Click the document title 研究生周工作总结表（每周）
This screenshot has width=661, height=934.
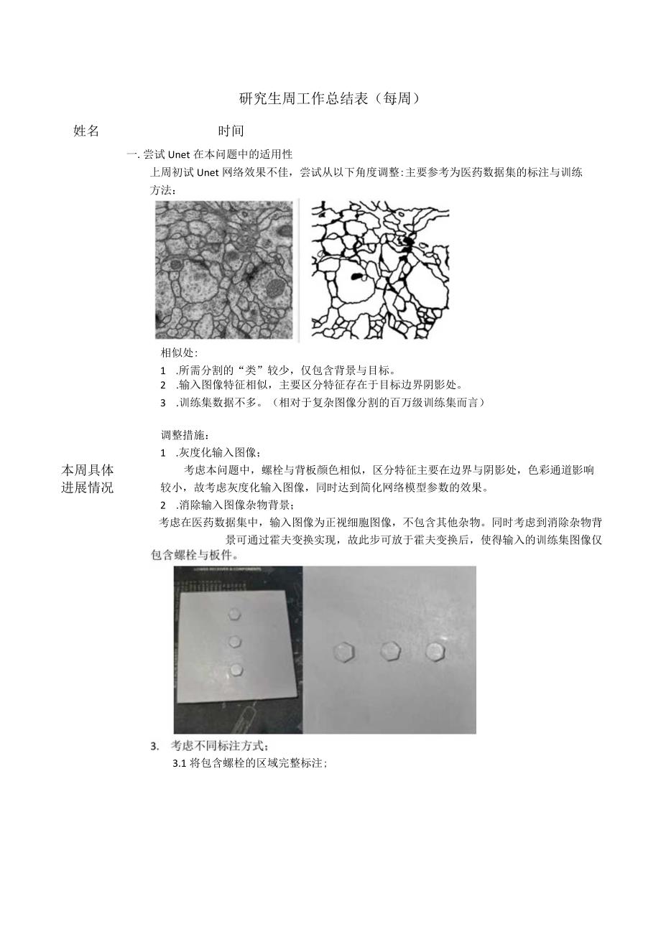click(329, 99)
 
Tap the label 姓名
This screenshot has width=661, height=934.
click(86, 131)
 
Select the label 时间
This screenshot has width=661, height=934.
click(231, 131)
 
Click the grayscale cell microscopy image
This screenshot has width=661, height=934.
click(224, 269)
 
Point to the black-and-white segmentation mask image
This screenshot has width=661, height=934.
click(379, 269)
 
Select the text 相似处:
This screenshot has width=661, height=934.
click(179, 353)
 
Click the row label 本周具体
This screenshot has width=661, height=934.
click(88, 470)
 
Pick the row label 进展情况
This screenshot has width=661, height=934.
click(88, 488)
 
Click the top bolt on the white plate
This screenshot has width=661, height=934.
click(235, 614)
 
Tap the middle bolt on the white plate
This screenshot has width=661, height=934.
click(234, 641)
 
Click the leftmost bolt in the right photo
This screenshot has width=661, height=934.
click(343, 653)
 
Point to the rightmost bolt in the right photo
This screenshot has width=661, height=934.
click(435, 651)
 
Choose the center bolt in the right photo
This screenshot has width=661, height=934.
click(389, 651)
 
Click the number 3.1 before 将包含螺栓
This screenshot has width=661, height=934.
click(180, 764)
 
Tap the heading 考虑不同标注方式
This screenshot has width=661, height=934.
click(219, 746)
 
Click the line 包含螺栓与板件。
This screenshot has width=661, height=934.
click(195, 555)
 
